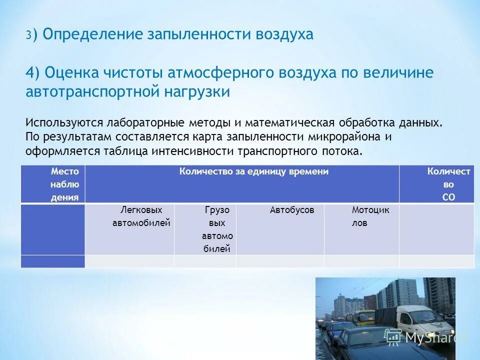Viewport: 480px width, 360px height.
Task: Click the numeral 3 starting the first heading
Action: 29,35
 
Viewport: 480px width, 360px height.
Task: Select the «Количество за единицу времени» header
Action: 254,172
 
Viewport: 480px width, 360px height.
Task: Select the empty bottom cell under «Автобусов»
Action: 280,261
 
